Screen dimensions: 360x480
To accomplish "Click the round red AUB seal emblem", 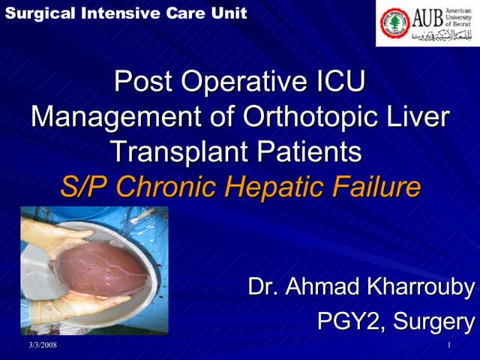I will [x=394, y=23].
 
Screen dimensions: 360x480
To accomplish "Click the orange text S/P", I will [x=84, y=187].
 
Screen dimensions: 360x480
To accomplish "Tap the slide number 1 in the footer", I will [x=448, y=345].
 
